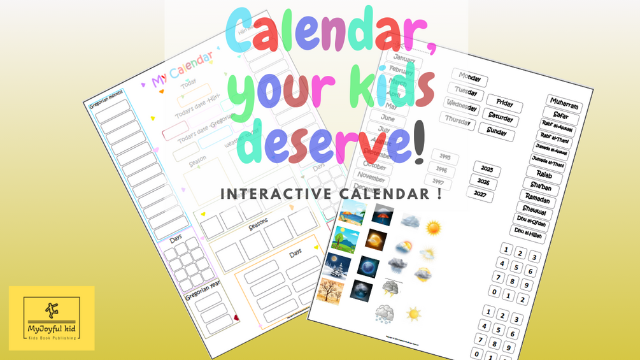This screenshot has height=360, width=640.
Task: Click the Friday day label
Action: click(x=504, y=104)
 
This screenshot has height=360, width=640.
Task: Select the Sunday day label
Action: click(x=497, y=132)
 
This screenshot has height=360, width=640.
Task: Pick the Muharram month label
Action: click(x=564, y=103)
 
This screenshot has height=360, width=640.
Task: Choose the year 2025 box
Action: click(x=487, y=169)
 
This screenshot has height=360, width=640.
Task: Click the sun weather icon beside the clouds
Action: click(x=433, y=227)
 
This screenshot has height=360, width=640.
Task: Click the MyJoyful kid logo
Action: click(x=52, y=318)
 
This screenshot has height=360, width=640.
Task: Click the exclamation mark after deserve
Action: click(x=419, y=145)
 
